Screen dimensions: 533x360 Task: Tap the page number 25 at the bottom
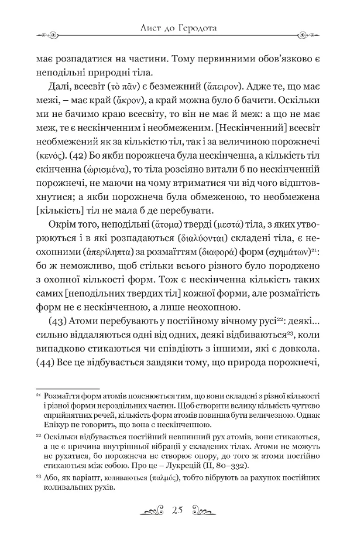point(179,509)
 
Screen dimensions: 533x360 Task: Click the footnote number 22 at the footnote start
point(39,435)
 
